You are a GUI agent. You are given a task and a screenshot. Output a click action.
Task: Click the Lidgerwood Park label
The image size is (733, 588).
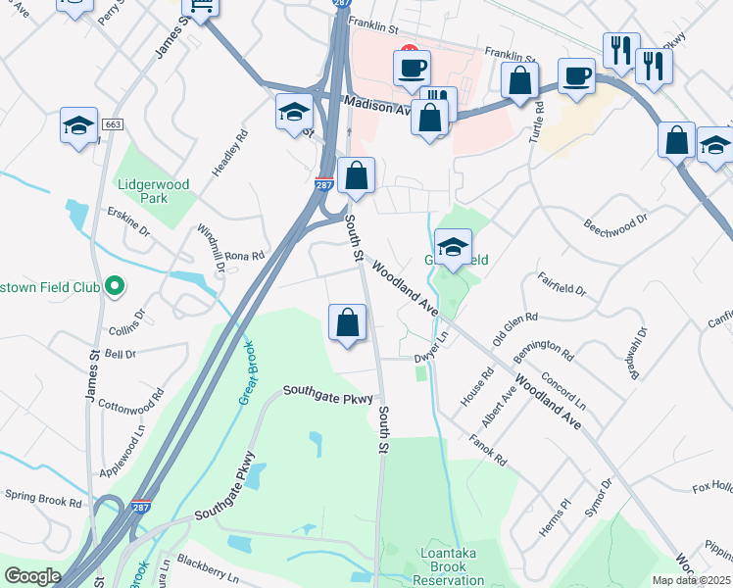(x=142, y=191)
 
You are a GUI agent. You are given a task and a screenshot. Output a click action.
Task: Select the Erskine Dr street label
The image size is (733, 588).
(x=128, y=224)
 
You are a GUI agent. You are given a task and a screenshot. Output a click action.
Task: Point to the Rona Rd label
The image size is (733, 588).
(x=245, y=256)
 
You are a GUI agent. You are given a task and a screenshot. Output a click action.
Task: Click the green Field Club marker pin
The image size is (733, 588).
(x=115, y=286)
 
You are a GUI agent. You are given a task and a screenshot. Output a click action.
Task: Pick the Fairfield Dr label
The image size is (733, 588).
(x=562, y=285)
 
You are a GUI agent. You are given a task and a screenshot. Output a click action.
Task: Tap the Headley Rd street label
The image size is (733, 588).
(x=227, y=156)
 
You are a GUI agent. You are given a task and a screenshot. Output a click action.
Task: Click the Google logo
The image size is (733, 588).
(x=32, y=576)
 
